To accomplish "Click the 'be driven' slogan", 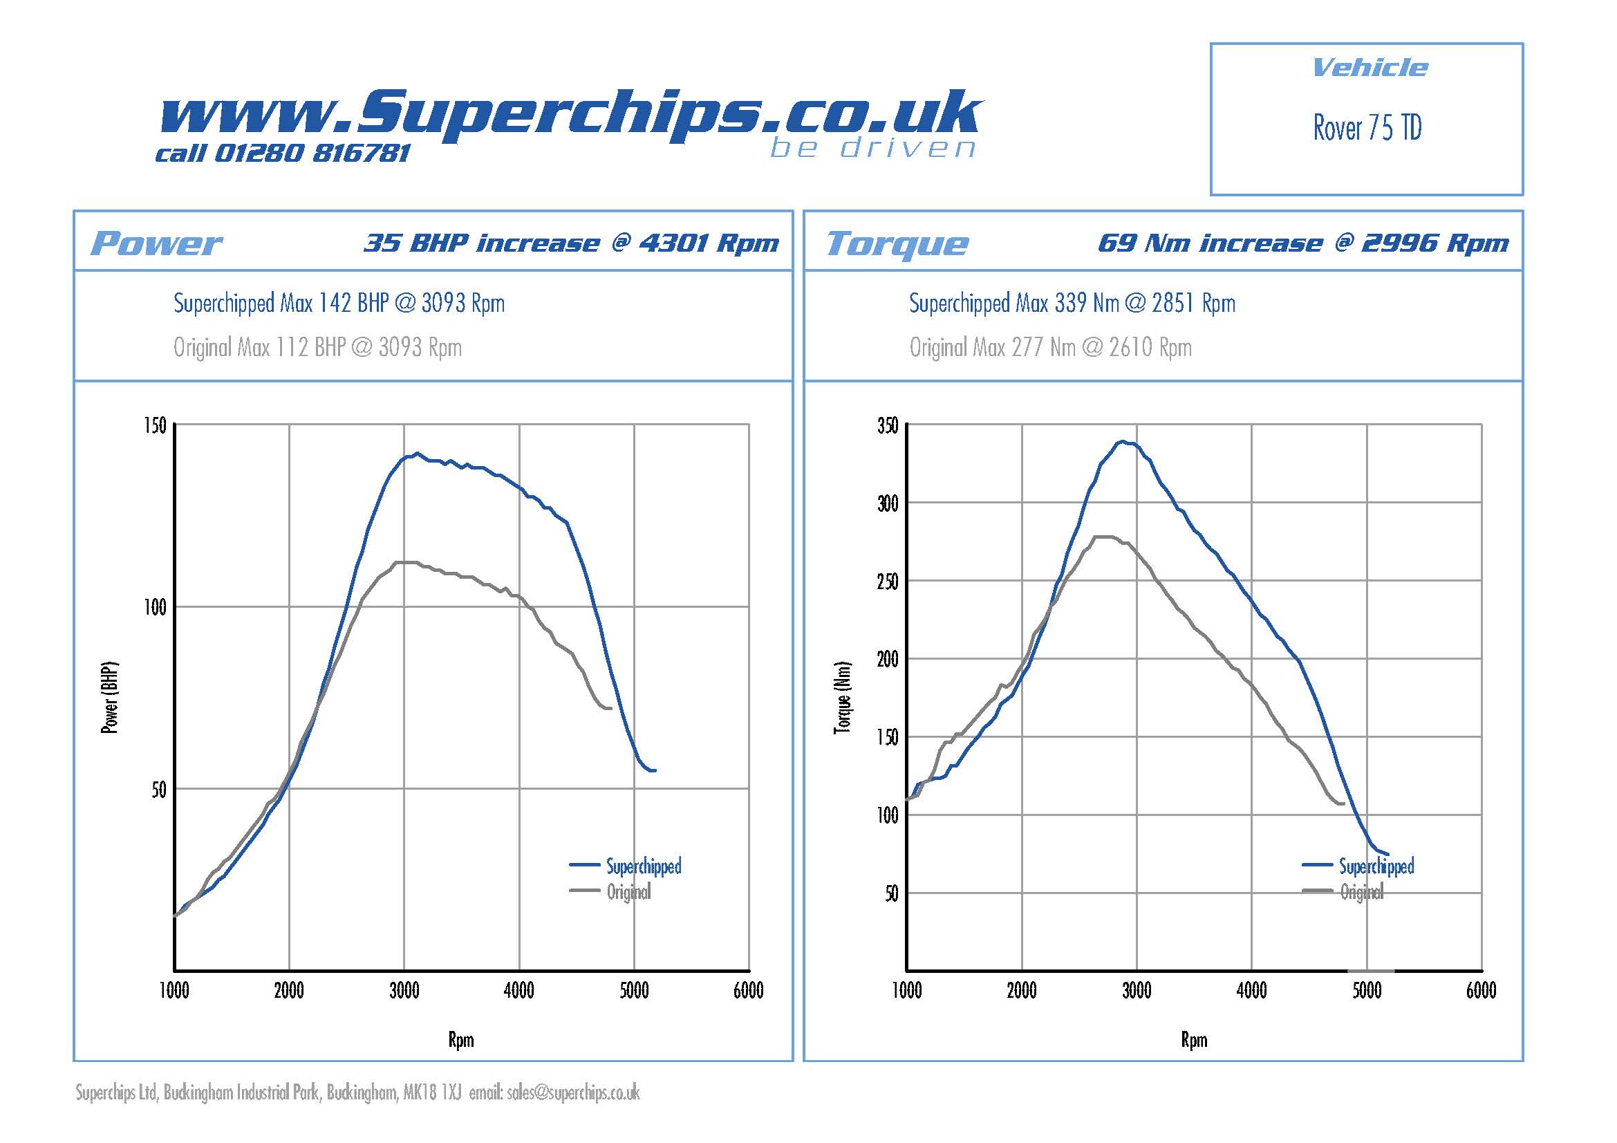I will (872, 148).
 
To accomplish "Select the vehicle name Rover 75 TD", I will (1366, 128).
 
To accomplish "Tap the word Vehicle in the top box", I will (1369, 68).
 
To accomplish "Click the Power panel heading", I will (156, 243).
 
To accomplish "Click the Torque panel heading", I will (897, 243).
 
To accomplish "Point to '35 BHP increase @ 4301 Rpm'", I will (571, 243).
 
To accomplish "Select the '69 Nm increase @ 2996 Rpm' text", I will (1303, 243).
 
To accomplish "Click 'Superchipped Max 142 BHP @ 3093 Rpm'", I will (339, 304).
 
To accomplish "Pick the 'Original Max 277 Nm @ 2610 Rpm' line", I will (1050, 347).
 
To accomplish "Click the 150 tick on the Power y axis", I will (155, 425).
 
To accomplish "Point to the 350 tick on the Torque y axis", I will (888, 425).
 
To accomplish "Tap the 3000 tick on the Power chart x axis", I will (404, 991).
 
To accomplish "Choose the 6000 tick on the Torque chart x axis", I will (1481, 991).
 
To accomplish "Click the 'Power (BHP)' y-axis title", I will (110, 698).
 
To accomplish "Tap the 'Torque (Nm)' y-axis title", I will (842, 698).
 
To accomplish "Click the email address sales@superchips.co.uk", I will (572, 1093).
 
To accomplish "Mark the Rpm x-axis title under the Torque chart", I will (1194, 1040).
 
